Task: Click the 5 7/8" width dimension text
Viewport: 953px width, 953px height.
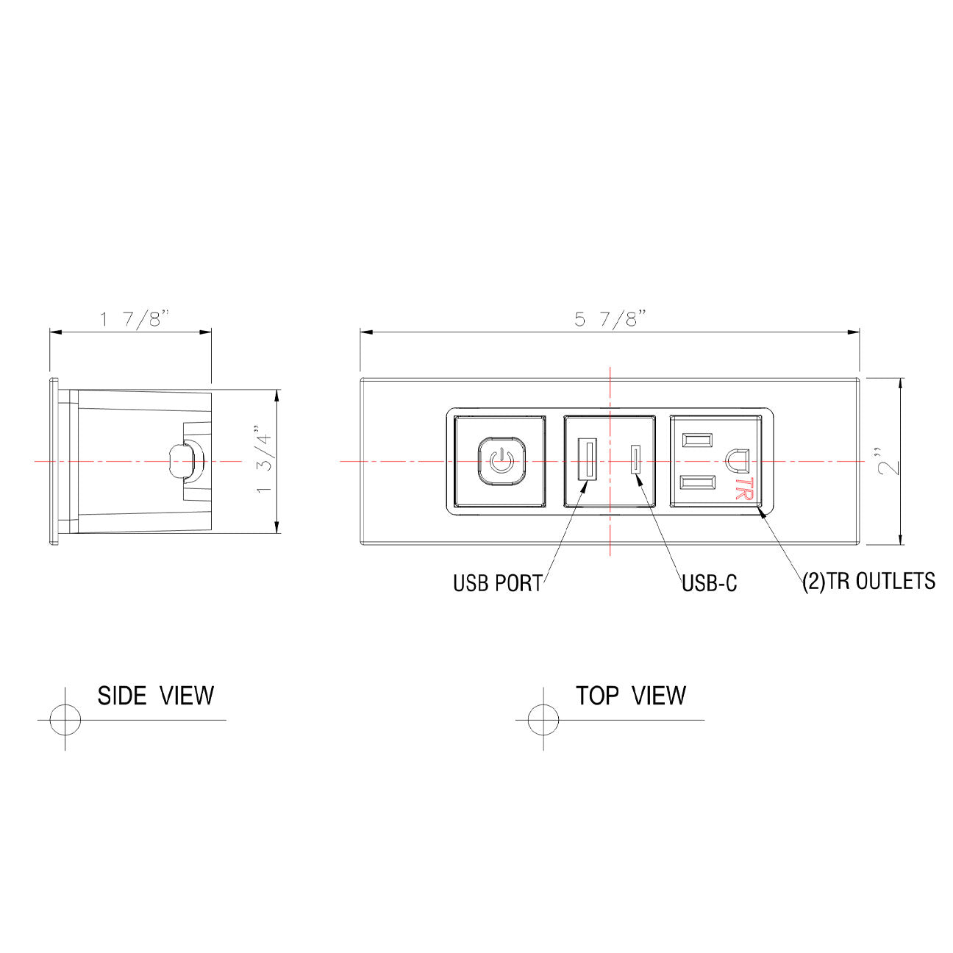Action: point(610,319)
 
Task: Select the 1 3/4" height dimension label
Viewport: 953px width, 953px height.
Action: point(263,460)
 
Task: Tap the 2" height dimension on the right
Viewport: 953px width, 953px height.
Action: point(889,460)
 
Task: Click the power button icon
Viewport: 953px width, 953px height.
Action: point(500,462)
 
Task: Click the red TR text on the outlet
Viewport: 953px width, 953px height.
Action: point(744,489)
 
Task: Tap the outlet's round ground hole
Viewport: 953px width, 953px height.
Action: point(737,460)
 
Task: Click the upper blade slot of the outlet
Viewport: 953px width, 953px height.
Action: point(697,440)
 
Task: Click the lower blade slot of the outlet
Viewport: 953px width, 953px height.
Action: point(697,483)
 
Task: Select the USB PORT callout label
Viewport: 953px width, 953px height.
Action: point(497,583)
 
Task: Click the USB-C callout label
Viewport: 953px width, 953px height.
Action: point(709,583)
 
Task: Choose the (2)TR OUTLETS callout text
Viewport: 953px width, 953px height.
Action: point(868,581)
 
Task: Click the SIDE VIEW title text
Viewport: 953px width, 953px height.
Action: point(155,695)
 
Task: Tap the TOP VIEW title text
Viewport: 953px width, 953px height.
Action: point(630,695)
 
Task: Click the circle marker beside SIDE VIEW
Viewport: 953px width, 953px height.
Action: point(65,719)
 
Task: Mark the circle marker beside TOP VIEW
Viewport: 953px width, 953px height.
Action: point(543,719)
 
